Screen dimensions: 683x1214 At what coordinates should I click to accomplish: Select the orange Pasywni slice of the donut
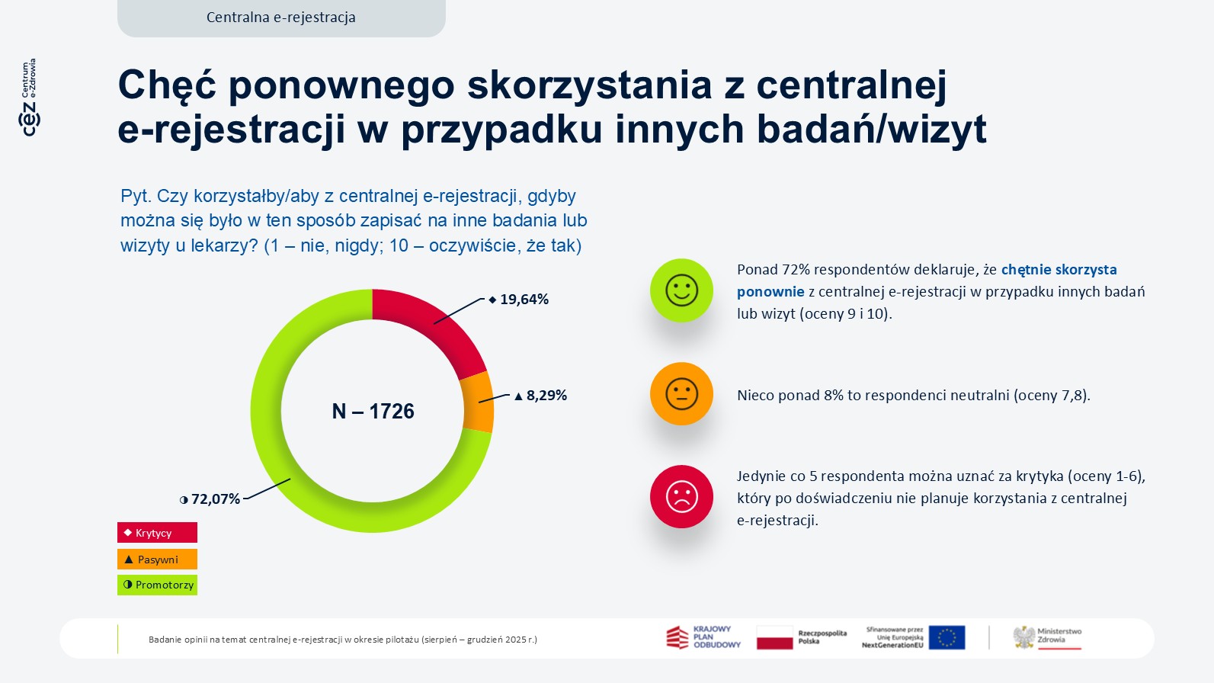tap(478, 401)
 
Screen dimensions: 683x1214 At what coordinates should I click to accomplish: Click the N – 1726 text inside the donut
tap(373, 412)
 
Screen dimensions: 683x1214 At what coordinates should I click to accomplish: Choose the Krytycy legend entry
tap(157, 533)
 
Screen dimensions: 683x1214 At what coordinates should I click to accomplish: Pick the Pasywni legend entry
tap(157, 560)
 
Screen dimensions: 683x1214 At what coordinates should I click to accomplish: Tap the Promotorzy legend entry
tap(157, 585)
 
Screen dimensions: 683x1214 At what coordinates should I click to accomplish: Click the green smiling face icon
tap(681, 290)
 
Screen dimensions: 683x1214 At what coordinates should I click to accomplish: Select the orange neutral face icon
tap(681, 393)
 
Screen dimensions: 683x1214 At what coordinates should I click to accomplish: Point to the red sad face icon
tap(681, 497)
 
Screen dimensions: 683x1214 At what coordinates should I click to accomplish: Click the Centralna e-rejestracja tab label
tap(281, 18)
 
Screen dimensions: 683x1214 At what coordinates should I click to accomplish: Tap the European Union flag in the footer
tap(947, 637)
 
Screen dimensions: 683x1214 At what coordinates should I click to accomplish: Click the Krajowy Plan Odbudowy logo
tap(703, 637)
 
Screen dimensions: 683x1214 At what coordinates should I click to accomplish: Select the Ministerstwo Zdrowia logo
tap(1047, 637)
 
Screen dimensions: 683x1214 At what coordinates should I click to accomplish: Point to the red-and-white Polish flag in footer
tap(774, 637)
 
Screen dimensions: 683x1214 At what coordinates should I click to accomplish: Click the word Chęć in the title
tap(167, 85)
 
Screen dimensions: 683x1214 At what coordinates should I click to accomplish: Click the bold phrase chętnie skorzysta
tap(1059, 270)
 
